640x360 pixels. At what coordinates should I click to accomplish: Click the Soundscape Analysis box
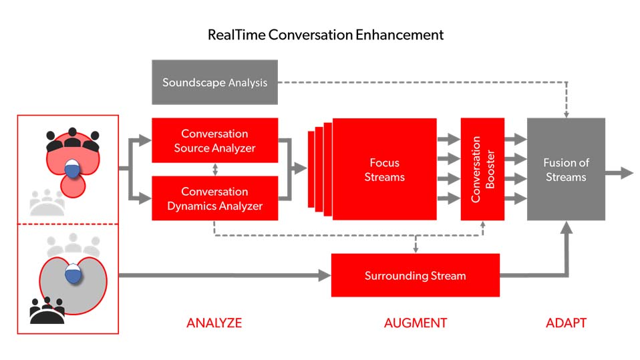tap(214, 82)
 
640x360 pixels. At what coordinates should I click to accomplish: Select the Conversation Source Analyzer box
tap(214, 140)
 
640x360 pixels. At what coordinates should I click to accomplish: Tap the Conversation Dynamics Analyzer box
tap(214, 198)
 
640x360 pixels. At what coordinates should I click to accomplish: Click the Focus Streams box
tap(384, 170)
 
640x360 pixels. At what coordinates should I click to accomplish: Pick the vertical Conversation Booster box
tap(482, 170)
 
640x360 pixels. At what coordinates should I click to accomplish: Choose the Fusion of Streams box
tap(566, 170)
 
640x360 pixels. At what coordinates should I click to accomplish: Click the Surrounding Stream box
tap(415, 275)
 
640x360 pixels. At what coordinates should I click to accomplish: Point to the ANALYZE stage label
tap(214, 323)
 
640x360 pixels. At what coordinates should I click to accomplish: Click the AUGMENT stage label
tap(416, 323)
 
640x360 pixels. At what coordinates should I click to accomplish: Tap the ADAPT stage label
tap(566, 323)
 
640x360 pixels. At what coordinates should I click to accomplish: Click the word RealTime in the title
tap(236, 35)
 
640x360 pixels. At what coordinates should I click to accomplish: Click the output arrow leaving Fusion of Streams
tap(619, 173)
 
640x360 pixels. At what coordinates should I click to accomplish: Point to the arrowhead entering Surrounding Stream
tap(325, 275)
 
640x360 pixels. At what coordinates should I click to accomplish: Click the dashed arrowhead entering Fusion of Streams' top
tap(566, 114)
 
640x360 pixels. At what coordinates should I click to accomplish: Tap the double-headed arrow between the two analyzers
tap(215, 170)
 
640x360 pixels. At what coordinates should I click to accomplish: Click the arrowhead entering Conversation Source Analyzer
tap(146, 140)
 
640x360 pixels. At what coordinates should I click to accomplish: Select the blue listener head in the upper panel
tap(72, 168)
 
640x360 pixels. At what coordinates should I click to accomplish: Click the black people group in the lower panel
tap(47, 311)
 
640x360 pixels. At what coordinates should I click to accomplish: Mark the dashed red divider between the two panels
tap(67, 224)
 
